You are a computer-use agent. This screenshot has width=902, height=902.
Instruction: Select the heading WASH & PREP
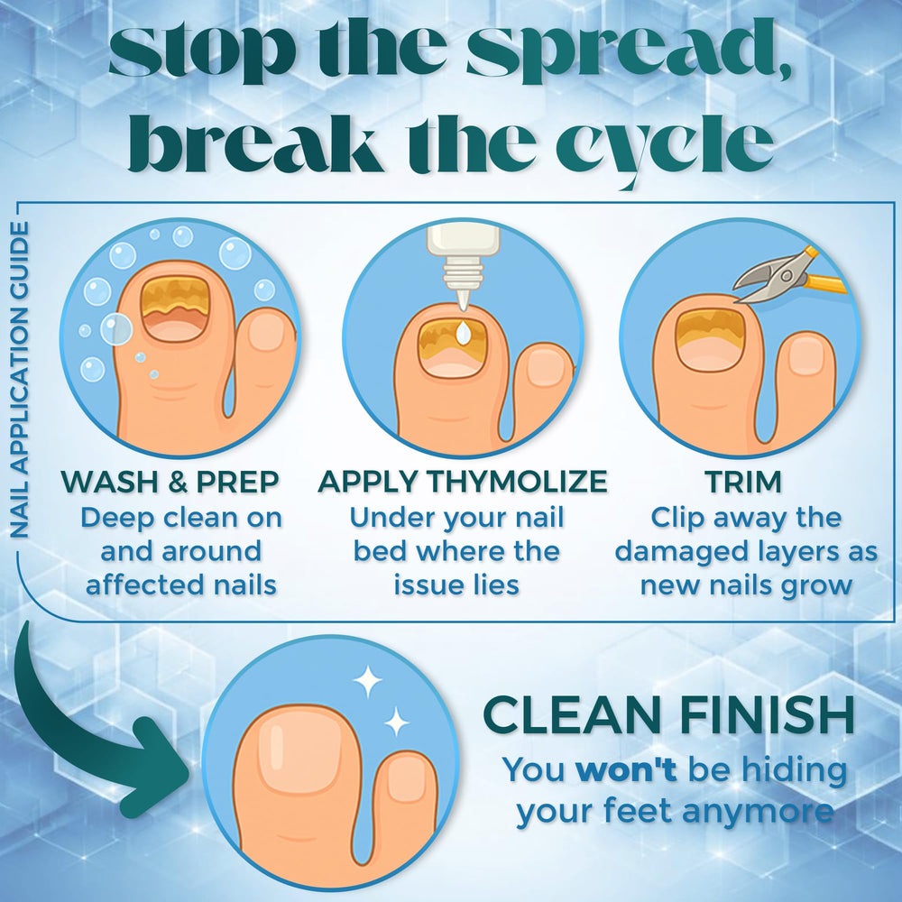click(x=170, y=482)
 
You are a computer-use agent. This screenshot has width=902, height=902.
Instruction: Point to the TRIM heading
click(x=744, y=482)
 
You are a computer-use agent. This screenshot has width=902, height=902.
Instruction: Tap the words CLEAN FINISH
click(x=668, y=714)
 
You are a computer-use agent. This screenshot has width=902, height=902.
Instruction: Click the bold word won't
click(x=626, y=769)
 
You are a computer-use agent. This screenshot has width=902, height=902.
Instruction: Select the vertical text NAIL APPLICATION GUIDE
click(x=19, y=380)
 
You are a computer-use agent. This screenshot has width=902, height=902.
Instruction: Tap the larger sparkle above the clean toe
click(x=367, y=681)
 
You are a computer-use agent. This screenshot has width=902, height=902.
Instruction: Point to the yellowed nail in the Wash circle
click(x=176, y=308)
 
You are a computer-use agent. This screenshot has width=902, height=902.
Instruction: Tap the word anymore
click(x=758, y=811)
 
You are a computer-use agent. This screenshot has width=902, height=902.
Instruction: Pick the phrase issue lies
click(x=456, y=585)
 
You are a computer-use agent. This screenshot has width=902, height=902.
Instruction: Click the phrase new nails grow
click(x=746, y=586)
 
